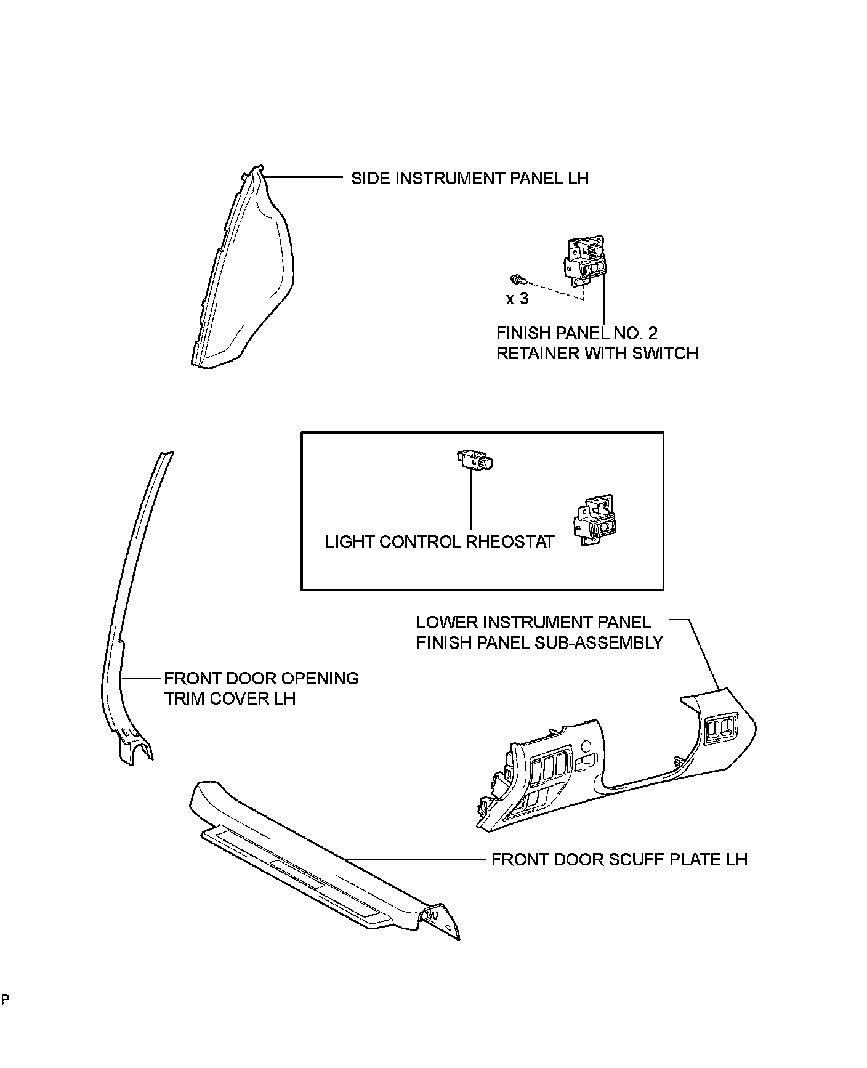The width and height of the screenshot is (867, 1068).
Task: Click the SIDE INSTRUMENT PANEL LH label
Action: (469, 179)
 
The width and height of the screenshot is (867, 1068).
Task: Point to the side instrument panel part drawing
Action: (246, 277)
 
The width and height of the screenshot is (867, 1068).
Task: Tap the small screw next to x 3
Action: (516, 280)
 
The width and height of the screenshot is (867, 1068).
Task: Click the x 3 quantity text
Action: (517, 299)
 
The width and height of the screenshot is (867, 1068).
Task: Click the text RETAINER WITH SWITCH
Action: (597, 354)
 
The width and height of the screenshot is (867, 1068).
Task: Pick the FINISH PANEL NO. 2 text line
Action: (576, 333)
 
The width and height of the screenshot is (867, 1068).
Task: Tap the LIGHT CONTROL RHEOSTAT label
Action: (440, 542)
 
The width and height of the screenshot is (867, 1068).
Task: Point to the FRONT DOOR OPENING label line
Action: (261, 679)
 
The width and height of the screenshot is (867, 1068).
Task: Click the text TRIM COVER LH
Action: (230, 699)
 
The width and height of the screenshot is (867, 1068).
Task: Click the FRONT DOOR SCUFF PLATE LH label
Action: (619, 860)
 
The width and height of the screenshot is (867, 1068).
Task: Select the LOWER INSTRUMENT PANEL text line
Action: (533, 622)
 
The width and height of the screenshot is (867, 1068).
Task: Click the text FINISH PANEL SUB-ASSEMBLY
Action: (539, 642)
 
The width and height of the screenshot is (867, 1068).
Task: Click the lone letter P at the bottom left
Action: (5, 999)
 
